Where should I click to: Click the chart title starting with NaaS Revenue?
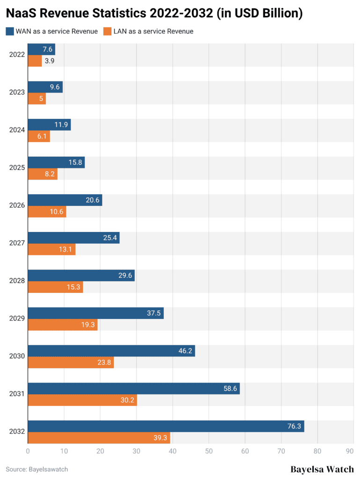pyautogui.click(x=154, y=14)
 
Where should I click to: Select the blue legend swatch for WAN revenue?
pyautogui.click(x=9, y=31)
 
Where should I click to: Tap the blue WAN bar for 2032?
pyautogui.click(x=166, y=426)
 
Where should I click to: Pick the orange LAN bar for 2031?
pyautogui.click(x=82, y=400)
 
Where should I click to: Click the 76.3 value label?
pyautogui.click(x=294, y=426)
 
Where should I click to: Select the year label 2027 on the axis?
pyautogui.click(x=17, y=243)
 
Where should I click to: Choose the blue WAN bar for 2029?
pyautogui.click(x=96, y=313)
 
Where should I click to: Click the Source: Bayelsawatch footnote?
pyautogui.click(x=33, y=469)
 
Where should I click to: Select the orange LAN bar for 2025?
pyautogui.click(x=43, y=174)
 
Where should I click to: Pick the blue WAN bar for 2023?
pyautogui.click(x=45, y=87)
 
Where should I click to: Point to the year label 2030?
pyautogui.click(x=17, y=356)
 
